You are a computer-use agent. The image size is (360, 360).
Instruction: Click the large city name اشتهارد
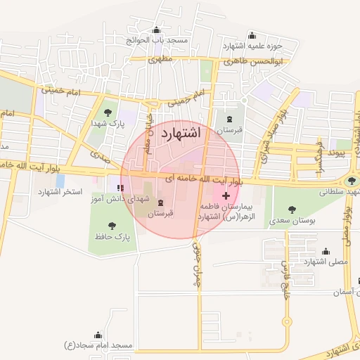click(x=181, y=132)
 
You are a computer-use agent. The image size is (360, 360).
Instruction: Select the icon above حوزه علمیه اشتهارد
click(x=252, y=36)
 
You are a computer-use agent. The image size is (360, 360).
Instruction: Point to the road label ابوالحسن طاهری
click(x=253, y=61)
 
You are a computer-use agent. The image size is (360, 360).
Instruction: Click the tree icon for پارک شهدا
click(x=107, y=112)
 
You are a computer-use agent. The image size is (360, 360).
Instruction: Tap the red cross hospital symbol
click(x=225, y=194)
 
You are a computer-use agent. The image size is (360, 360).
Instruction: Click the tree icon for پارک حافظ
click(x=112, y=225)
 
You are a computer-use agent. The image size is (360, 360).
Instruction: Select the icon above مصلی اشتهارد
click(x=325, y=251)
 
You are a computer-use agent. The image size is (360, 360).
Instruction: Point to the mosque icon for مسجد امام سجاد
click(x=98, y=335)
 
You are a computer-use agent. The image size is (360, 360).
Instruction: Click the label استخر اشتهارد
click(x=60, y=191)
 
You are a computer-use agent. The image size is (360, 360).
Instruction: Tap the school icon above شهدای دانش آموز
click(x=120, y=187)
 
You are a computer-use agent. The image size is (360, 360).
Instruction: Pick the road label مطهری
click(x=160, y=60)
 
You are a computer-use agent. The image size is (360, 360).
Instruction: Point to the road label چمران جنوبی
click(x=196, y=253)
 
